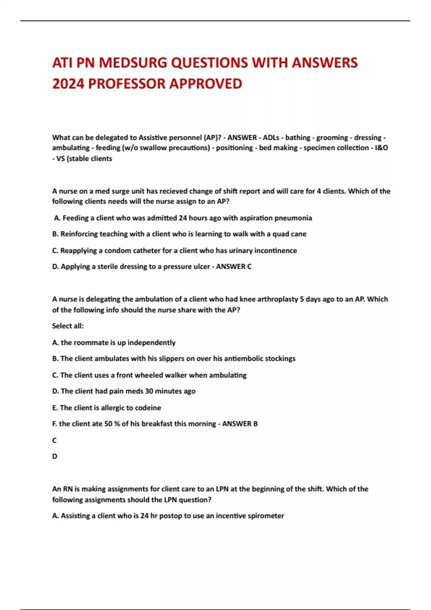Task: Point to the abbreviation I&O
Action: tap(381, 148)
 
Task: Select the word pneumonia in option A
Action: tap(293, 218)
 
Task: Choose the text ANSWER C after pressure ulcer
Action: tap(233, 267)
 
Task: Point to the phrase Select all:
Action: tap(68, 326)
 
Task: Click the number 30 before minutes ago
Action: tap(149, 391)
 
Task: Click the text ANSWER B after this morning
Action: tap(240, 424)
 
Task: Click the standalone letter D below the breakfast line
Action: tap(55, 456)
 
